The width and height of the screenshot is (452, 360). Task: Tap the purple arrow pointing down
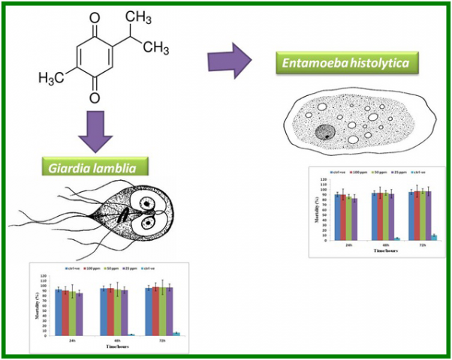point(95,132)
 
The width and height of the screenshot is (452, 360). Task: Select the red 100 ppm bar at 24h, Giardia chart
point(65,313)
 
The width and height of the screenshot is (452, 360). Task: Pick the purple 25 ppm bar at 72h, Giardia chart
point(170,310)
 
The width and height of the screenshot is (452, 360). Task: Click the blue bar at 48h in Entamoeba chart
point(374,216)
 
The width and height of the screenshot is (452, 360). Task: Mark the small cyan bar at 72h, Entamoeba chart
point(433,237)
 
